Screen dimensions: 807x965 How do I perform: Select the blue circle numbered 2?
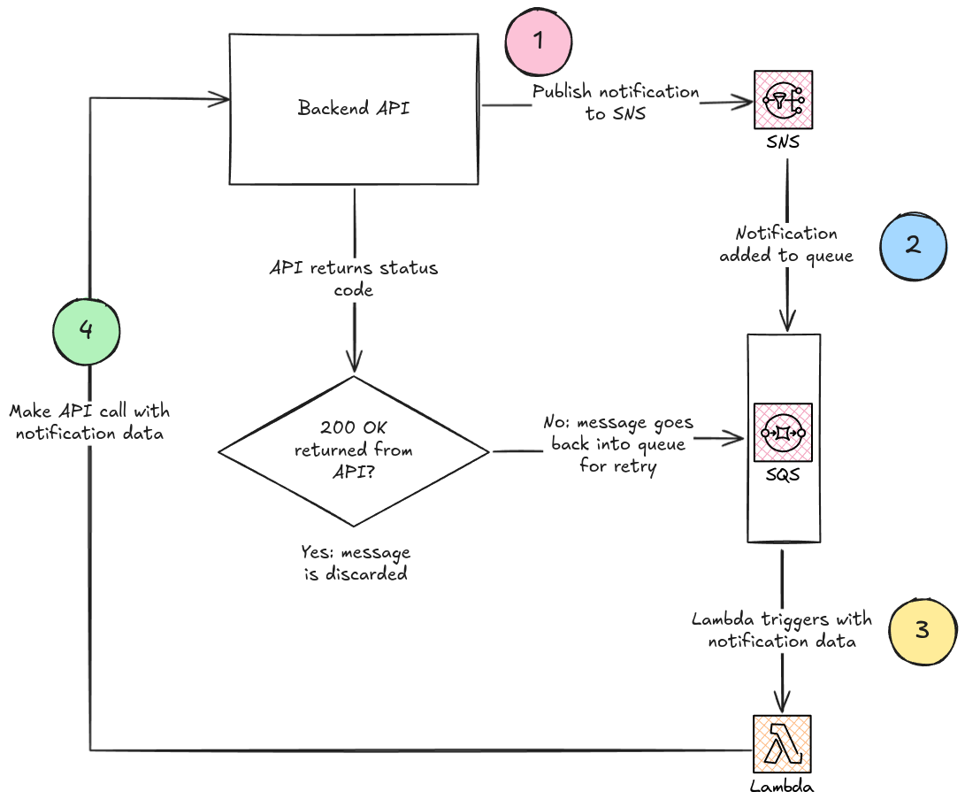915,243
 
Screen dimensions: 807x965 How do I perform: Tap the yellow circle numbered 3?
922,629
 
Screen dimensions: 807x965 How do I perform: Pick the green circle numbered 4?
86,330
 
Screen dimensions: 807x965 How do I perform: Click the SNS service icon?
783,100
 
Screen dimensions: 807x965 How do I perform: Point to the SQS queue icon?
783,433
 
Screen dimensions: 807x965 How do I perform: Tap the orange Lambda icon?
783,743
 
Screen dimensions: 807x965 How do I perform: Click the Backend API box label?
354,109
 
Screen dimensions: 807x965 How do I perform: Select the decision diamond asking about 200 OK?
354,450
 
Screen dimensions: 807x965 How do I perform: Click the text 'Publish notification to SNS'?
616,103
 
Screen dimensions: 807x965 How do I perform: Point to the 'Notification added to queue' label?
785,244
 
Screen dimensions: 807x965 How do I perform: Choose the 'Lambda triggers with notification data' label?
782,630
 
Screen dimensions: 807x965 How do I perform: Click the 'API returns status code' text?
354,278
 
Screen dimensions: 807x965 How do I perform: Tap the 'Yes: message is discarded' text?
355,563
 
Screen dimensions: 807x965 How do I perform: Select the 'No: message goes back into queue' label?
618,444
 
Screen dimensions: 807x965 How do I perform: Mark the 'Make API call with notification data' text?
89,422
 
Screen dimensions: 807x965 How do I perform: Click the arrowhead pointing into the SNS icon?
745,103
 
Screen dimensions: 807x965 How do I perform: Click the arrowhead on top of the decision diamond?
354,365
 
